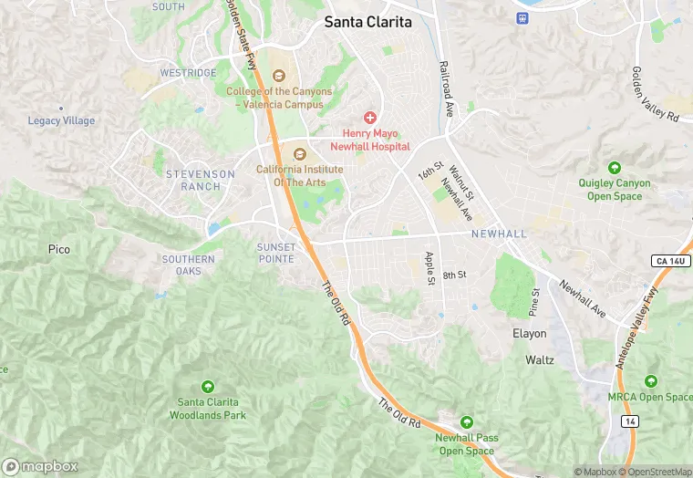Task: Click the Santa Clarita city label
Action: click(x=368, y=22)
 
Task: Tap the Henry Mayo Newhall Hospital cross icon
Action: click(x=370, y=117)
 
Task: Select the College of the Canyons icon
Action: click(x=278, y=75)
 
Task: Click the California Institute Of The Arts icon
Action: click(x=299, y=153)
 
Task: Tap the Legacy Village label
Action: click(x=61, y=120)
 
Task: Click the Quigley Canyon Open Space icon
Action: click(x=615, y=167)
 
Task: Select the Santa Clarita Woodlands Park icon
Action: click(x=208, y=387)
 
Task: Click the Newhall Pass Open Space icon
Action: click(x=467, y=421)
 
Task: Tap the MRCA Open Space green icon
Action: click(x=650, y=381)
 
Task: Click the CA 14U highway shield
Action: click(x=671, y=261)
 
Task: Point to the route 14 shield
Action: click(x=629, y=421)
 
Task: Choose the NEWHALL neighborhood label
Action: click(x=499, y=234)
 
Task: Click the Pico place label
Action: click(x=59, y=249)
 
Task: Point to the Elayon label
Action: click(x=530, y=334)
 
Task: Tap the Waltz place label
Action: click(x=540, y=360)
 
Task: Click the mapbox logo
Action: click(x=40, y=466)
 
